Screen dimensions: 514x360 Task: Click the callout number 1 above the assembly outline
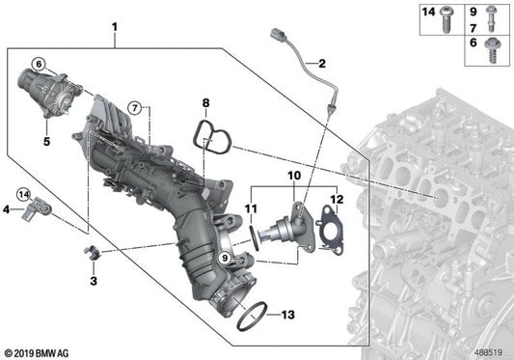pos(115,27)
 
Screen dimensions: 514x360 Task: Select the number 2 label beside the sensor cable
pos(322,64)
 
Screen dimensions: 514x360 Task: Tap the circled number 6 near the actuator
pos(39,64)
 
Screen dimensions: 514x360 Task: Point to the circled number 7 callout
pos(135,107)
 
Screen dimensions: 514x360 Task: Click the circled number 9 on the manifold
pos(225,258)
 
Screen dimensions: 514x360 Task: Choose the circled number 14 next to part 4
pos(23,195)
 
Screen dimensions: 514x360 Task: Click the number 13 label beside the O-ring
pos(288,315)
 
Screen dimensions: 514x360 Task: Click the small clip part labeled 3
pos(92,253)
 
